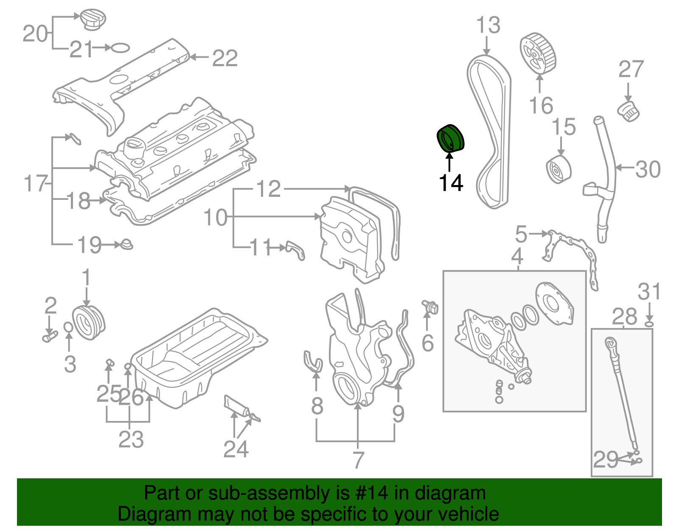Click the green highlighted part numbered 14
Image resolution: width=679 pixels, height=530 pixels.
click(451, 138)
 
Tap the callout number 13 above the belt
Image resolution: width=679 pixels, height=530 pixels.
click(488, 25)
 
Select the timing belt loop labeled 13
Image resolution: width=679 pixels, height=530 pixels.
click(505, 127)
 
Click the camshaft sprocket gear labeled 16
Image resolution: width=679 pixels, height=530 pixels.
click(537, 54)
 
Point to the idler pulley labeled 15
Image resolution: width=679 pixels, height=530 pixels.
click(559, 169)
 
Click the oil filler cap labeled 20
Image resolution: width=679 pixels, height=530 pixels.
click(93, 20)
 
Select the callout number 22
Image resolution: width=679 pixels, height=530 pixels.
click(224, 58)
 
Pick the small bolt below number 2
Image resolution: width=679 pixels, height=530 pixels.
click(50, 337)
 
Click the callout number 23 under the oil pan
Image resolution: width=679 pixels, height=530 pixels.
click(131, 440)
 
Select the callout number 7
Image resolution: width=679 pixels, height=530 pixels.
click(359, 460)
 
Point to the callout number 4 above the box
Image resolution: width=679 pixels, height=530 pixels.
click(517, 256)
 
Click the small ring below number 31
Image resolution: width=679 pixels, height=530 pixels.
click(649, 325)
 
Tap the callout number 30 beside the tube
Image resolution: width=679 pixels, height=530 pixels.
click(648, 169)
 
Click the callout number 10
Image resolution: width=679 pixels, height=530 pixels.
click(216, 217)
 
